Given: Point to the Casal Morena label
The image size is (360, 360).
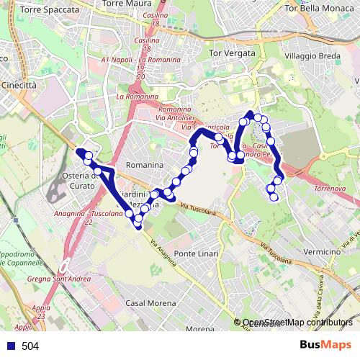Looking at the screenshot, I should (150, 303).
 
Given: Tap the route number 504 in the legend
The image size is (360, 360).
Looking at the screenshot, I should (30, 346).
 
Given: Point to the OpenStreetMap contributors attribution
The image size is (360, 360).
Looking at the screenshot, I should (297, 323).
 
